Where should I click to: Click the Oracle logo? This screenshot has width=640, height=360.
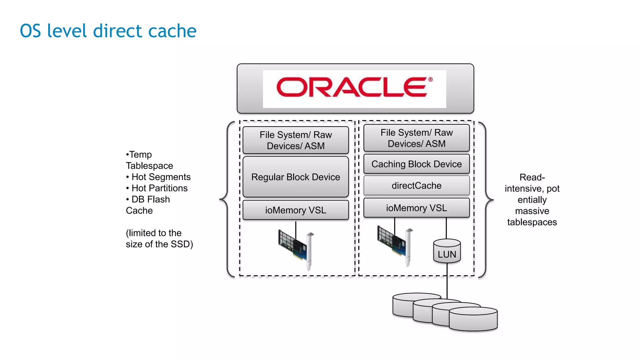coord(352,87)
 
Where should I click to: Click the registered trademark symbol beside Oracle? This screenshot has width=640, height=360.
coord(430,79)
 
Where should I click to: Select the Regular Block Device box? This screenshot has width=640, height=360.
coord(296,177)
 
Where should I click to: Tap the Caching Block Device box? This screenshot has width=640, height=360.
coord(417,164)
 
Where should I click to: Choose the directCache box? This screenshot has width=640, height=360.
coord(417,186)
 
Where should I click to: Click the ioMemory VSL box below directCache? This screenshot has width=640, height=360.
coord(417,208)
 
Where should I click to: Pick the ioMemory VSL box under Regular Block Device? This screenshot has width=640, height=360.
coord(296,210)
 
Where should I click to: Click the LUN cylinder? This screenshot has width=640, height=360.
coord(447,252)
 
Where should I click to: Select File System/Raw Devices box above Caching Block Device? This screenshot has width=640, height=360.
coord(417,138)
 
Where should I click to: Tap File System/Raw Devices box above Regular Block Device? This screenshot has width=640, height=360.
coord(296,140)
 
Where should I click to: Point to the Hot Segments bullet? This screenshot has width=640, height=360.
coord(161,177)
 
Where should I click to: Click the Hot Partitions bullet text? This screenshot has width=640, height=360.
coord(159,188)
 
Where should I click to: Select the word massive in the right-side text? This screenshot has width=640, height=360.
coord(532,211)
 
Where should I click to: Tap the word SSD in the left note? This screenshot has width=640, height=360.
coord(181,244)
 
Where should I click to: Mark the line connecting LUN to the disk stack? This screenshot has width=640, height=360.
coord(447,280)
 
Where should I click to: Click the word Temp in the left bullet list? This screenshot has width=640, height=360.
coord(141,154)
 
